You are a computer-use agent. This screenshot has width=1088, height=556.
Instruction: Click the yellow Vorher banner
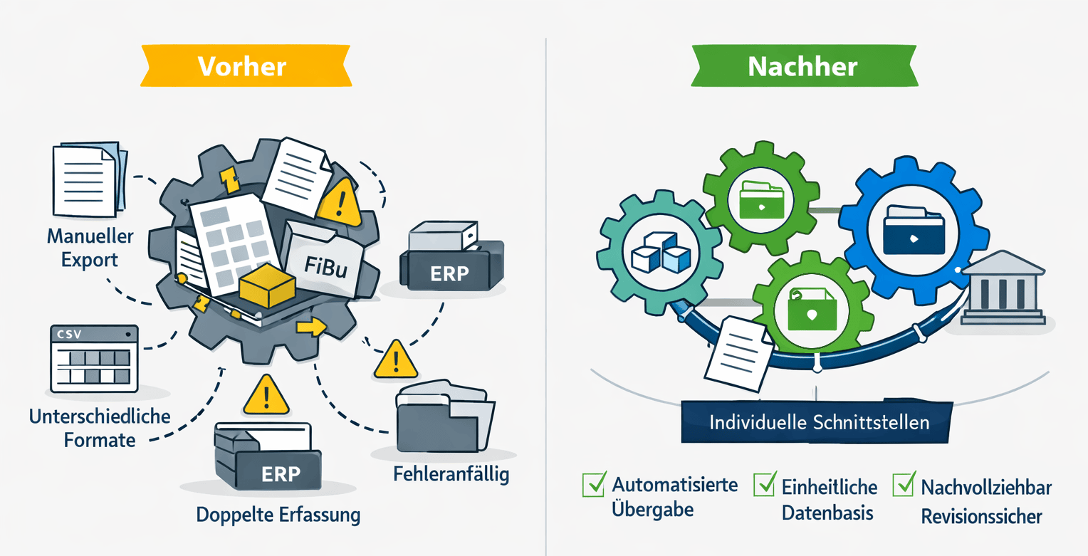click(x=242, y=66)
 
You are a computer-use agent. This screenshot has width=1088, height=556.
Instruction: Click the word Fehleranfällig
click(x=451, y=474)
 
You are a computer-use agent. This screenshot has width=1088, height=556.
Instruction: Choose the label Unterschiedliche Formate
click(x=100, y=427)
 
